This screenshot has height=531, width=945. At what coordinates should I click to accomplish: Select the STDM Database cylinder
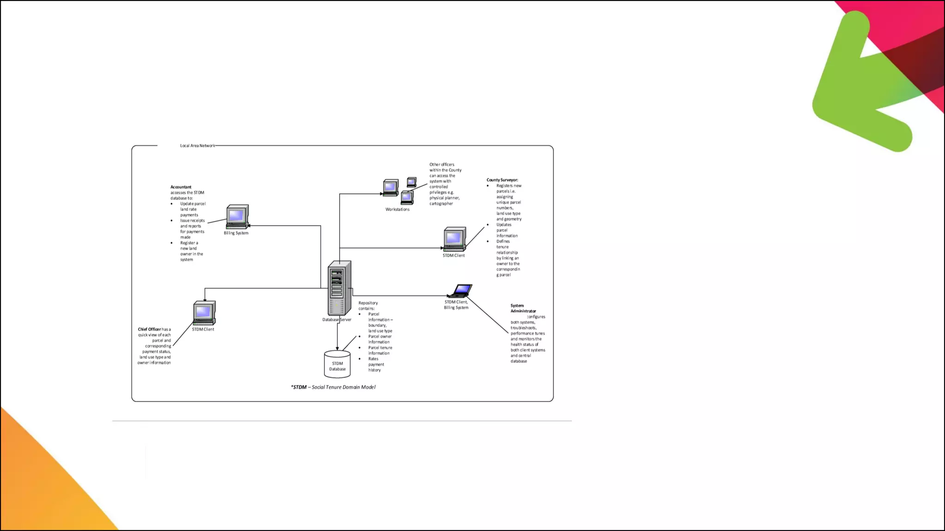(337, 364)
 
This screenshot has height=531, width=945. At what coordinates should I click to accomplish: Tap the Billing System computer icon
(237, 217)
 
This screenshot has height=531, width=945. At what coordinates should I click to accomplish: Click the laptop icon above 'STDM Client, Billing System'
(461, 291)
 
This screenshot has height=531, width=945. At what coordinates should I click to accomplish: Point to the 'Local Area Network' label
(197, 146)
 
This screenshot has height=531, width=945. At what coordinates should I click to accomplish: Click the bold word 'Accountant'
(181, 187)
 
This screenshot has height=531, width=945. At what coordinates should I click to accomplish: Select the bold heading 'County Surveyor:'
(502, 180)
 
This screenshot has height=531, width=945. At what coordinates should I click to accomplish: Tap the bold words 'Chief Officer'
(150, 330)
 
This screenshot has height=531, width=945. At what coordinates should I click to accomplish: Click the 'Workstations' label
(397, 210)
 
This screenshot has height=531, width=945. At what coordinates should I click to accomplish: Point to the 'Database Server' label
(337, 320)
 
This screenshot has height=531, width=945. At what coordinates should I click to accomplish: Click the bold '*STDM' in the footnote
(299, 387)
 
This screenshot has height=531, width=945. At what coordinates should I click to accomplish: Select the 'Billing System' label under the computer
(236, 233)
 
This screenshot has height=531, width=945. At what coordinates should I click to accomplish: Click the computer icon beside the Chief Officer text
(204, 313)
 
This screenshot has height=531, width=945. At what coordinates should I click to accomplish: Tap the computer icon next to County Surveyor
(455, 239)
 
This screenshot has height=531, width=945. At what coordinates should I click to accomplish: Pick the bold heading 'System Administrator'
(523, 308)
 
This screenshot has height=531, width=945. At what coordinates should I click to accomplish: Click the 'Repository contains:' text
(368, 306)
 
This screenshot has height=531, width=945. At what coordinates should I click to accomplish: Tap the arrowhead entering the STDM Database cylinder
(337, 348)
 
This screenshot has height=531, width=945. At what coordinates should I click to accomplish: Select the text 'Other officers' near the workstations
(442, 165)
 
